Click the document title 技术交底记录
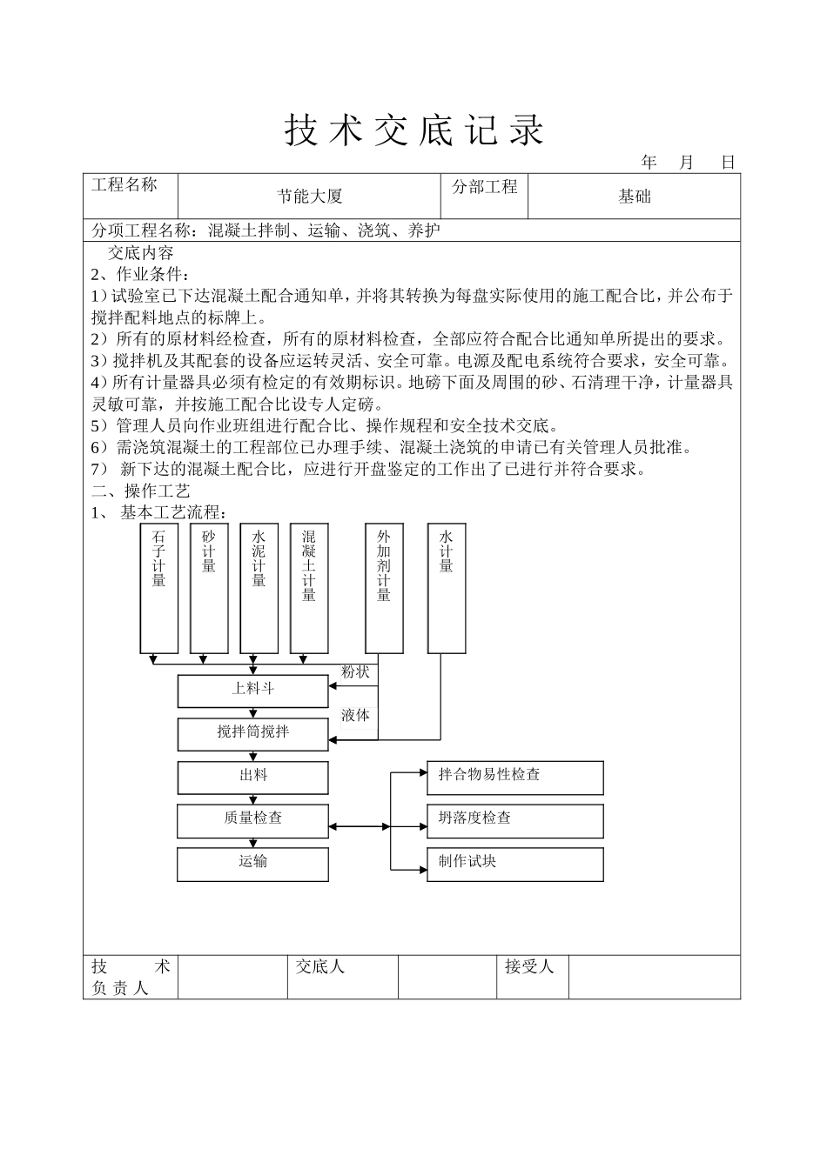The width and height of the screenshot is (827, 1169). pos(414,130)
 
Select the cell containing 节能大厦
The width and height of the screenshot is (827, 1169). pos(310,197)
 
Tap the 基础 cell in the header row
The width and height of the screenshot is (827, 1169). pos(634,197)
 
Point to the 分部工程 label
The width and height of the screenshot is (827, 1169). pos(484,187)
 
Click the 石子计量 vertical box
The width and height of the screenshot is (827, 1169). pos(159,588)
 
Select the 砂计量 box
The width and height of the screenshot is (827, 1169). pos(209,588)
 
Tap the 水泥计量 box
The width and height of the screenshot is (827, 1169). pos(259,588)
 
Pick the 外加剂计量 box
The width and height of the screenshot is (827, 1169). pos(384,588)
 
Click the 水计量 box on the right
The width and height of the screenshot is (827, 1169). pos(447,588)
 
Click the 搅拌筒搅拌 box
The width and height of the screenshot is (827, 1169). pos(253,733)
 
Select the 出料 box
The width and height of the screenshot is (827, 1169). pos(253,777)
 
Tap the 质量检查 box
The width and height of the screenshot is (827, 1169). pos(253,819)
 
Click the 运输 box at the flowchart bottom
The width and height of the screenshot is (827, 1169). pos(253,863)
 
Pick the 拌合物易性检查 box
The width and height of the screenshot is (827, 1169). pos(514,777)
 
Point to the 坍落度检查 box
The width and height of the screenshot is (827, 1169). pos(514,819)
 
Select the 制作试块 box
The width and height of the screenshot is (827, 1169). pos(514,863)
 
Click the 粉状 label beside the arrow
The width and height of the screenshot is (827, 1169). pos(355,672)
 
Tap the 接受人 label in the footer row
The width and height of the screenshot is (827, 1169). pos(529,966)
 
